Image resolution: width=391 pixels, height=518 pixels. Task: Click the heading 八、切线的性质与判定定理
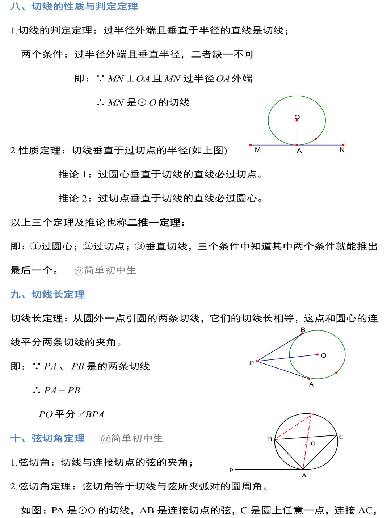pos(74,7)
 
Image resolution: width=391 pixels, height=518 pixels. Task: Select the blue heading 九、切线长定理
pos(47,294)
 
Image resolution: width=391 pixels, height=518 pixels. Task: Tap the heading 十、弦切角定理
pos(47,438)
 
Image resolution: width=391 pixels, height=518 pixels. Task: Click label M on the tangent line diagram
pos(258,150)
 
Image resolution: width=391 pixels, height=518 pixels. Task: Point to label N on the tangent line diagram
pos(342,150)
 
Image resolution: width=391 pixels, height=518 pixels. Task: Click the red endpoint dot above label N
pos(343,145)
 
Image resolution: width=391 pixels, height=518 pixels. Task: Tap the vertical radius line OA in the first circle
pos(297,132)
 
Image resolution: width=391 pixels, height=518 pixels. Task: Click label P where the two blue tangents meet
pos(252,363)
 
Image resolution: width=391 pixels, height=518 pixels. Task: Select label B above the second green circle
pos(303,330)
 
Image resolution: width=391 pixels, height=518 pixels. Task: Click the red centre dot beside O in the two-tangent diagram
pos(318,355)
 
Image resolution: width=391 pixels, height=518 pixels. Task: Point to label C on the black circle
pos(341,437)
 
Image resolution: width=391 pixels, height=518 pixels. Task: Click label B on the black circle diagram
pos(270,439)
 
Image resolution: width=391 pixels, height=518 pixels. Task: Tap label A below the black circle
pos(304,475)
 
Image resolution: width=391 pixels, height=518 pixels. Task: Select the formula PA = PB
pos(62,391)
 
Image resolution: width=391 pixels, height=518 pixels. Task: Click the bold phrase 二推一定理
pos(154,222)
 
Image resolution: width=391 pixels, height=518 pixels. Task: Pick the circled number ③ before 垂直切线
pos(140,247)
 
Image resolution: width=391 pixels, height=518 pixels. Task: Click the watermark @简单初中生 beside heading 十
pos(132,438)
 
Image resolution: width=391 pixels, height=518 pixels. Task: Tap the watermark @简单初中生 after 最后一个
pos(105,270)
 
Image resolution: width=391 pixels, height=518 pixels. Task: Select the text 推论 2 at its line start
pos(73,198)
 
